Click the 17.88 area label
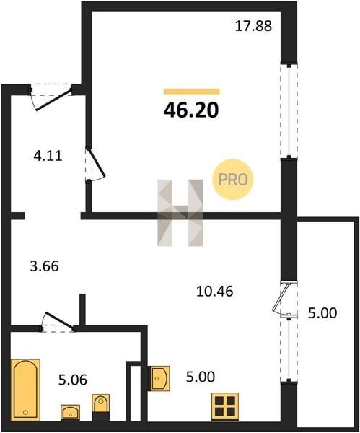tap(253, 26)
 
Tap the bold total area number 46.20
tap(191, 110)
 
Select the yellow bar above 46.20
tap(192, 92)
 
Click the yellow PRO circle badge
tap(233, 180)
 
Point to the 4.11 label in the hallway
tap(48, 156)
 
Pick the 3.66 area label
tap(44, 266)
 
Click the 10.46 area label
tap(215, 291)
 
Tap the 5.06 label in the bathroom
tap(73, 380)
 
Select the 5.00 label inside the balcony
tap(322, 313)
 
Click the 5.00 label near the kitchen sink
tap(200, 377)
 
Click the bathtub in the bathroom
tap(25, 390)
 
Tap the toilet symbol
tap(101, 407)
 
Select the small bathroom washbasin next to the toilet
tap(71, 413)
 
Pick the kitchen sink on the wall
tap(159, 378)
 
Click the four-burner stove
tap(225, 406)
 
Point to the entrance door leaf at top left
tap(54, 99)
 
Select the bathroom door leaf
tap(60, 320)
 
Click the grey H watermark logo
tap(180, 213)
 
